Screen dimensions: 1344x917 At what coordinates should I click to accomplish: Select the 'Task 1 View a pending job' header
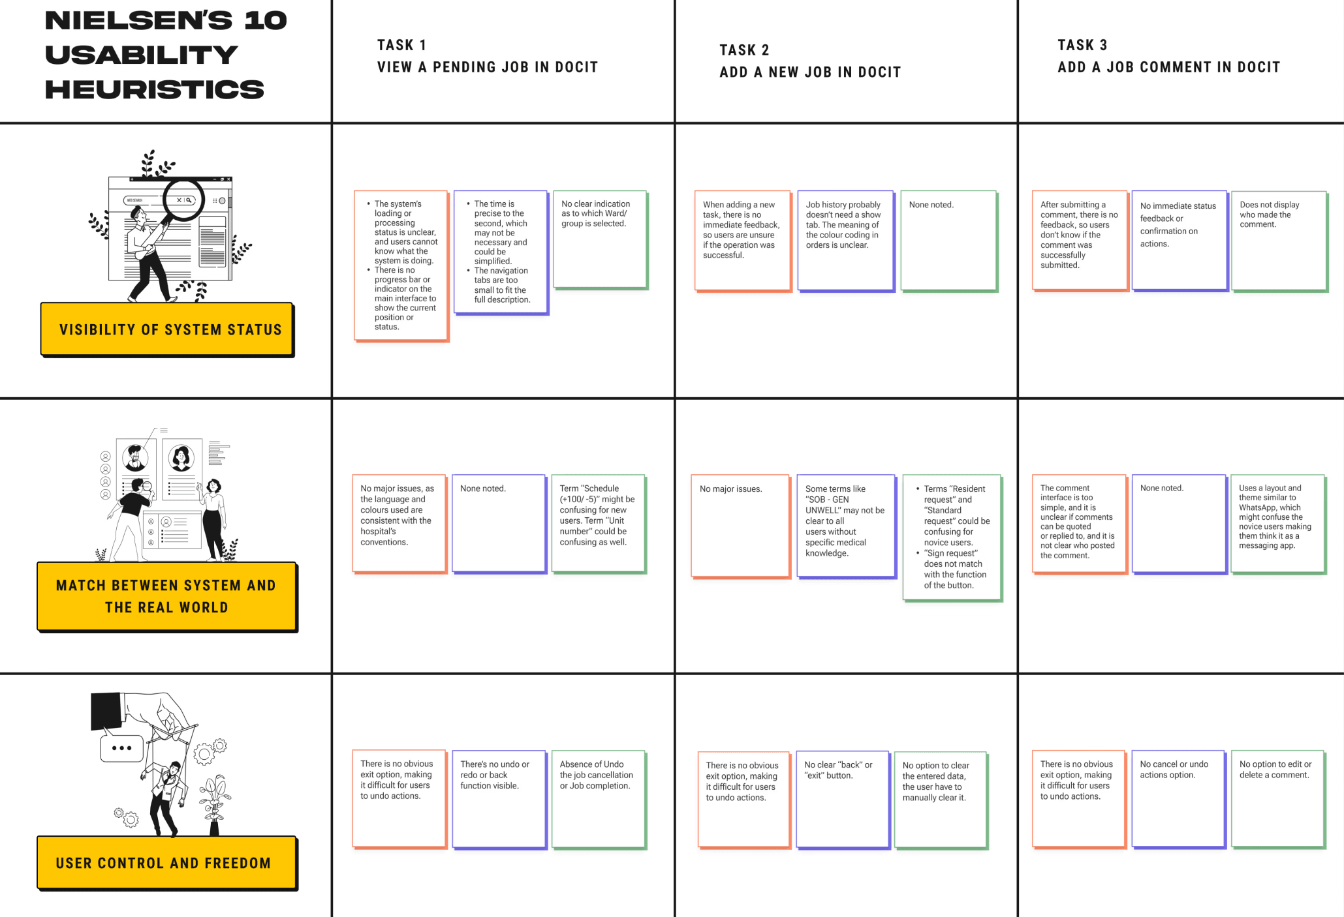tap(487, 56)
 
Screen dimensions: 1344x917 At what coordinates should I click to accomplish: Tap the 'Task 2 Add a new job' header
tap(809, 61)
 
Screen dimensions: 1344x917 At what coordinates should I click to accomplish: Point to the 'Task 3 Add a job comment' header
tap(1168, 56)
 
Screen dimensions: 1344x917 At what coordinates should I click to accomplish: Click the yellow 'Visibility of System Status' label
tap(167, 329)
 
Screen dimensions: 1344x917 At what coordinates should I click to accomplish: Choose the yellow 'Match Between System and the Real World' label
tap(166, 596)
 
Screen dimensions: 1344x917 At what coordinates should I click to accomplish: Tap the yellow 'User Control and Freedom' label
tap(166, 863)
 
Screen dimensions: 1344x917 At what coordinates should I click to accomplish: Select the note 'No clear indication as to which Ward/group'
tap(600, 239)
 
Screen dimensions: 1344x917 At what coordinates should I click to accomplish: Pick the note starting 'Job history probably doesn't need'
tap(845, 240)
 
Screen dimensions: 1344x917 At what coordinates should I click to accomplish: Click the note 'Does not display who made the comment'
tap(1279, 240)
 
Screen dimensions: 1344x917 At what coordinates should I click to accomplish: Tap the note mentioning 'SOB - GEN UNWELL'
tap(845, 525)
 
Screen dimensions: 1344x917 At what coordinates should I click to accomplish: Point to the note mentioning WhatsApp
tap(1277, 524)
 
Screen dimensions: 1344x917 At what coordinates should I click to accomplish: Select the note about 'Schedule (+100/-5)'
tap(598, 523)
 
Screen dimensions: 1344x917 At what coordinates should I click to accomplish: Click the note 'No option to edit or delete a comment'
tap(1277, 798)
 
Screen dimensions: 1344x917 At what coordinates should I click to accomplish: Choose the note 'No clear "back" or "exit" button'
tap(842, 799)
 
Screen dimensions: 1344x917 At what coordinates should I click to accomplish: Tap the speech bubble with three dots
tap(121, 748)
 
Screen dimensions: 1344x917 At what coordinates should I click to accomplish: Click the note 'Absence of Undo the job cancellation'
tap(598, 799)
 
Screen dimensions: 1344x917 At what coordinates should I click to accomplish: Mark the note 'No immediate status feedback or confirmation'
tap(1179, 240)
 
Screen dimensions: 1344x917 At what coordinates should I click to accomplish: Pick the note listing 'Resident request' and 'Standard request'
tap(952, 537)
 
